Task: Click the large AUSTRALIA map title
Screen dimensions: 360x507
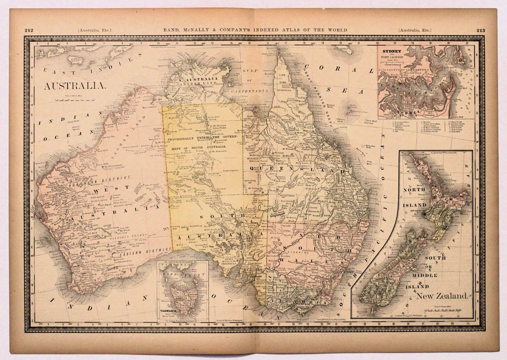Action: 74,86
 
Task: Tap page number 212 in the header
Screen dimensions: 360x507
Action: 29,30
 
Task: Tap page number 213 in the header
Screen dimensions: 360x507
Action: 480,30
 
